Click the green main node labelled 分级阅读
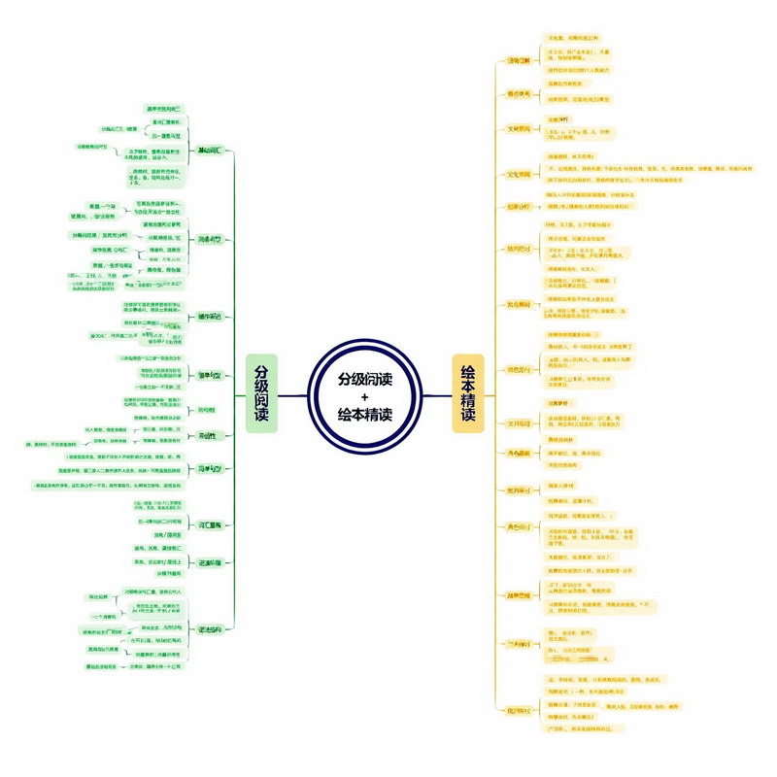coord(261,392)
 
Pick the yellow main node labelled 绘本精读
coord(468,392)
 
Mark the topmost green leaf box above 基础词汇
coord(163,108)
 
